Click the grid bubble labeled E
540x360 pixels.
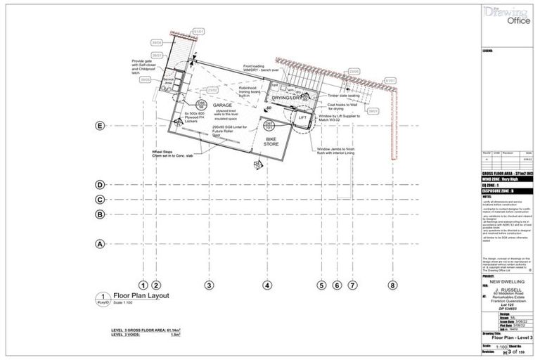pyautogui.click(x=100, y=125)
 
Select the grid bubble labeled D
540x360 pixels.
pyautogui.click(x=100, y=185)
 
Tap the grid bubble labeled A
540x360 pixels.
pyautogui.click(x=100, y=244)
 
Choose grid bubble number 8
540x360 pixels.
pyautogui.click(x=392, y=285)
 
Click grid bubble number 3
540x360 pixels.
pyautogui.click(x=209, y=285)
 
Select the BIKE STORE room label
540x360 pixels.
pyautogui.click(x=271, y=141)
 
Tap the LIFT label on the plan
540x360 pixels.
pyautogui.click(x=303, y=118)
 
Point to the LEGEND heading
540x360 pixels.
pyautogui.click(x=488, y=51)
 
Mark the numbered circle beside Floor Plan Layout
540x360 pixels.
pyautogui.click(x=103, y=297)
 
